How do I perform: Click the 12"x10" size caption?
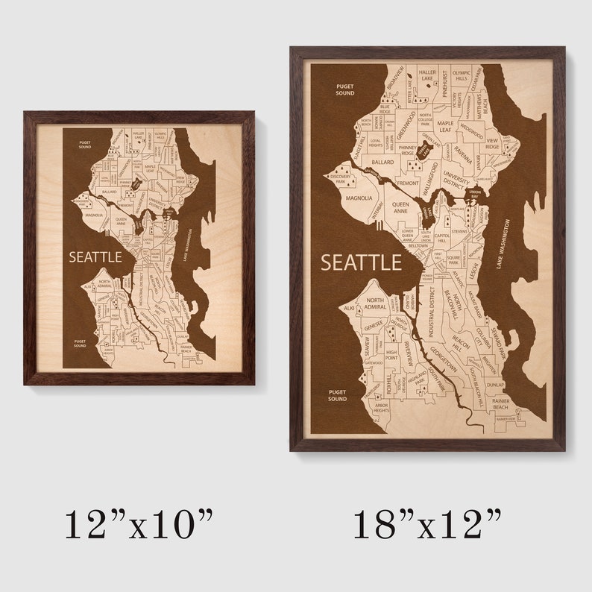pos(139,523)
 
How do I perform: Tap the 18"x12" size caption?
pos(427,523)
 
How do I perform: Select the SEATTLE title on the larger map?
pos(361,262)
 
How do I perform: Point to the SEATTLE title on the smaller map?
pos(95,256)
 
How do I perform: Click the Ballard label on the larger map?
pos(382,162)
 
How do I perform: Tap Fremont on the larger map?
pos(408,183)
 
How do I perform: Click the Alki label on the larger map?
pos(348,306)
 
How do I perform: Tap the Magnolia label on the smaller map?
pos(94,215)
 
